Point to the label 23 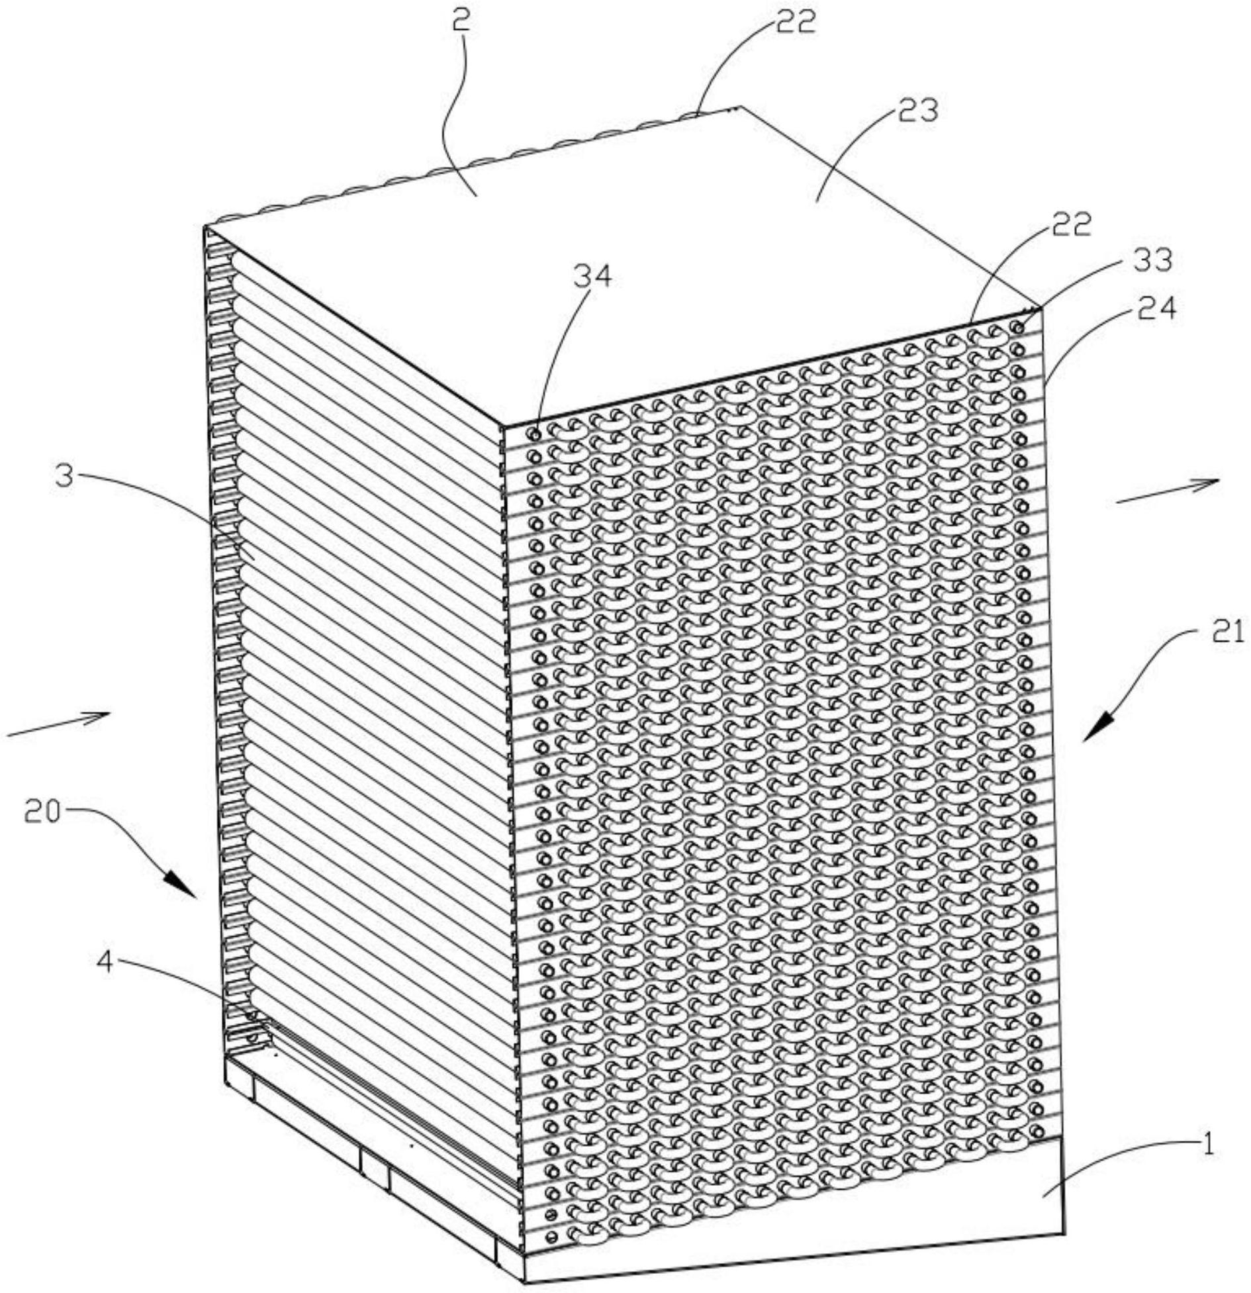[x=917, y=111]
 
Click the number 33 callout [x=1152, y=260]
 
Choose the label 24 [x=1156, y=309]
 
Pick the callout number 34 [x=592, y=277]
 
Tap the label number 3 [x=64, y=476]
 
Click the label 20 [x=44, y=811]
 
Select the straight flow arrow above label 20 [x=58, y=723]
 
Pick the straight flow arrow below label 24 [x=1168, y=491]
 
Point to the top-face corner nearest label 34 [x=501, y=426]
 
